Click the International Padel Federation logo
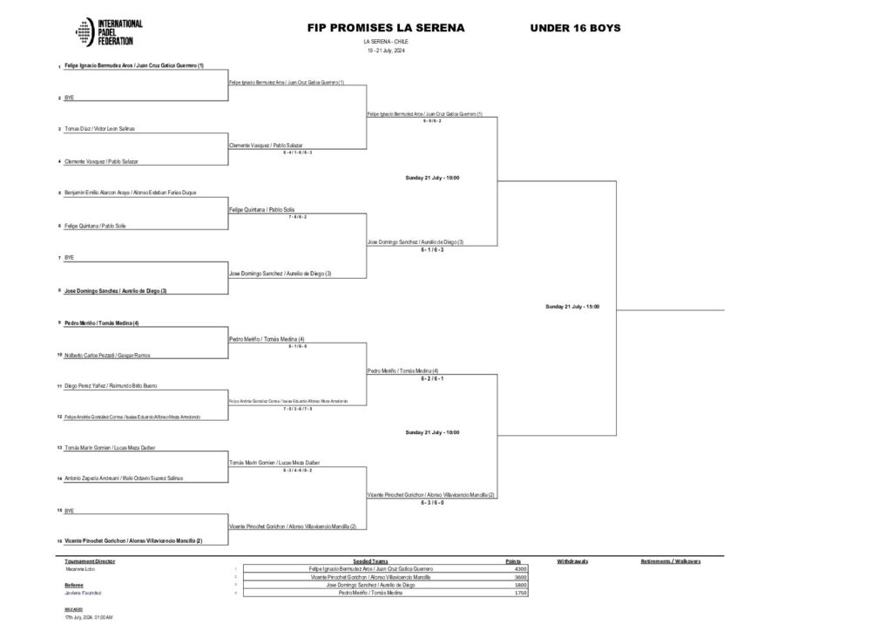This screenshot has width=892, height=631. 109,32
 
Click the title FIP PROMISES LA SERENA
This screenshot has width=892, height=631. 386,28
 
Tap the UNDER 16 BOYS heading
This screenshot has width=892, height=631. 575,28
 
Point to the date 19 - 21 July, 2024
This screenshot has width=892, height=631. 386,51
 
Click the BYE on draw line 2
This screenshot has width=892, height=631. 69,98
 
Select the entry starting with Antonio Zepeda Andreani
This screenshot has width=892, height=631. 123,478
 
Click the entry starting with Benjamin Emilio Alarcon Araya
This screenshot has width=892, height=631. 129,193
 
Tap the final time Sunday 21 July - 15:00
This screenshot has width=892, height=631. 572,307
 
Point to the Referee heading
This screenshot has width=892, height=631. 76,585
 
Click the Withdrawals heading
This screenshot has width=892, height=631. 573,561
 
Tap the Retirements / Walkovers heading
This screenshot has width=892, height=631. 671,561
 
